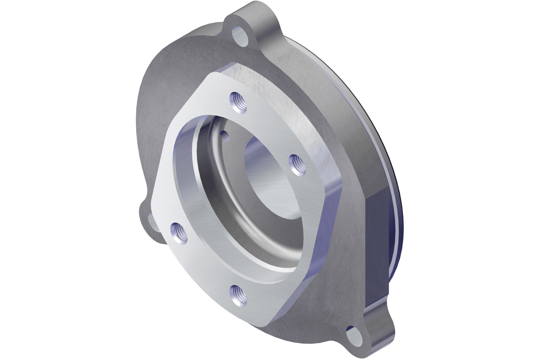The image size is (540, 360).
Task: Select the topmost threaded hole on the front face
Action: pos(238,102)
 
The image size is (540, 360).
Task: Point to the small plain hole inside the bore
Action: pos(225,136)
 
